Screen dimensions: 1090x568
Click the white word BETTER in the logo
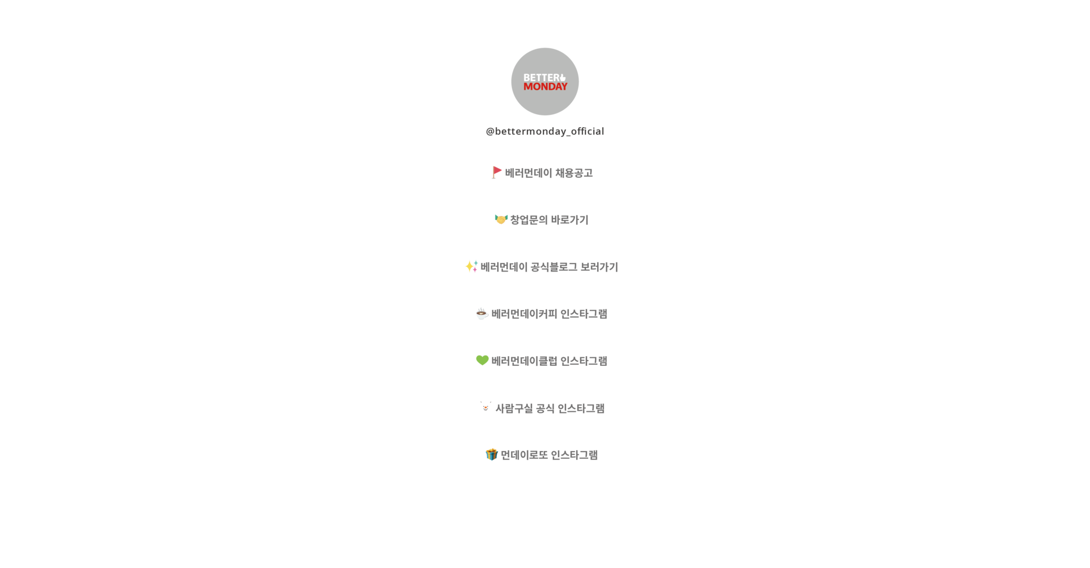click(x=541, y=77)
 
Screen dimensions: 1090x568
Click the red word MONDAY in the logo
click(x=545, y=87)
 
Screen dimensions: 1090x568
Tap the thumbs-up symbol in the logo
click(x=563, y=77)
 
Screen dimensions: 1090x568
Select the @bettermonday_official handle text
click(x=545, y=131)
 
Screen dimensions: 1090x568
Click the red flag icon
click(x=497, y=172)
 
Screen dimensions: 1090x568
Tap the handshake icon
click(x=501, y=219)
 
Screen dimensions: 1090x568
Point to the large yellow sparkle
click(x=470, y=266)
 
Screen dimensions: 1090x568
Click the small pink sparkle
click(x=475, y=270)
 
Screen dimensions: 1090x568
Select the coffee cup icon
click(x=482, y=314)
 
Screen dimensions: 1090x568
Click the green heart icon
click(x=482, y=360)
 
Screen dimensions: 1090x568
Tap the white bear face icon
click(x=485, y=408)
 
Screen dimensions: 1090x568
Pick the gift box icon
click(x=491, y=454)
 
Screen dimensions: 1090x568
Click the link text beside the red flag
click(x=549, y=173)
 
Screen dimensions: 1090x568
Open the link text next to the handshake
click(x=550, y=220)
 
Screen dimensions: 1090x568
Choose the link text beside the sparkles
click(x=550, y=267)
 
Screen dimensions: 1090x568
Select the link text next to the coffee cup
click(x=550, y=314)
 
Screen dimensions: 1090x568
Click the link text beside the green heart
click(x=550, y=361)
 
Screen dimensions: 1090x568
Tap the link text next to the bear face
click(x=550, y=408)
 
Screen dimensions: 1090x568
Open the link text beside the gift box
click(x=550, y=455)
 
